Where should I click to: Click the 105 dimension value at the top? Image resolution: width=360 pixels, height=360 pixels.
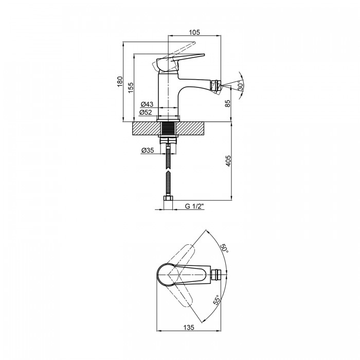coord(194,32)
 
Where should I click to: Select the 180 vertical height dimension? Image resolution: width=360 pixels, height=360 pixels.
coord(120,81)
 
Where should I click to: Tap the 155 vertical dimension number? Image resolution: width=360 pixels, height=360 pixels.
coord(131,87)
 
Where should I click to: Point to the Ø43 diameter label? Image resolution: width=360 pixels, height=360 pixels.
coord(147,104)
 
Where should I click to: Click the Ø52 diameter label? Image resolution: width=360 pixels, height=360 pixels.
coord(146,112)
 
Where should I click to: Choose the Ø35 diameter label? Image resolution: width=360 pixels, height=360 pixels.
coord(148,150)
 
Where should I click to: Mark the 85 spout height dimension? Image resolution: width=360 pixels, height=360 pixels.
coord(227,104)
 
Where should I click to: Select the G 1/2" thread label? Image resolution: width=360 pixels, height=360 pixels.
coord(195,206)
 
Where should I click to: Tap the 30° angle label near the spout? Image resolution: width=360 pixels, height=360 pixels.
coord(240,86)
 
